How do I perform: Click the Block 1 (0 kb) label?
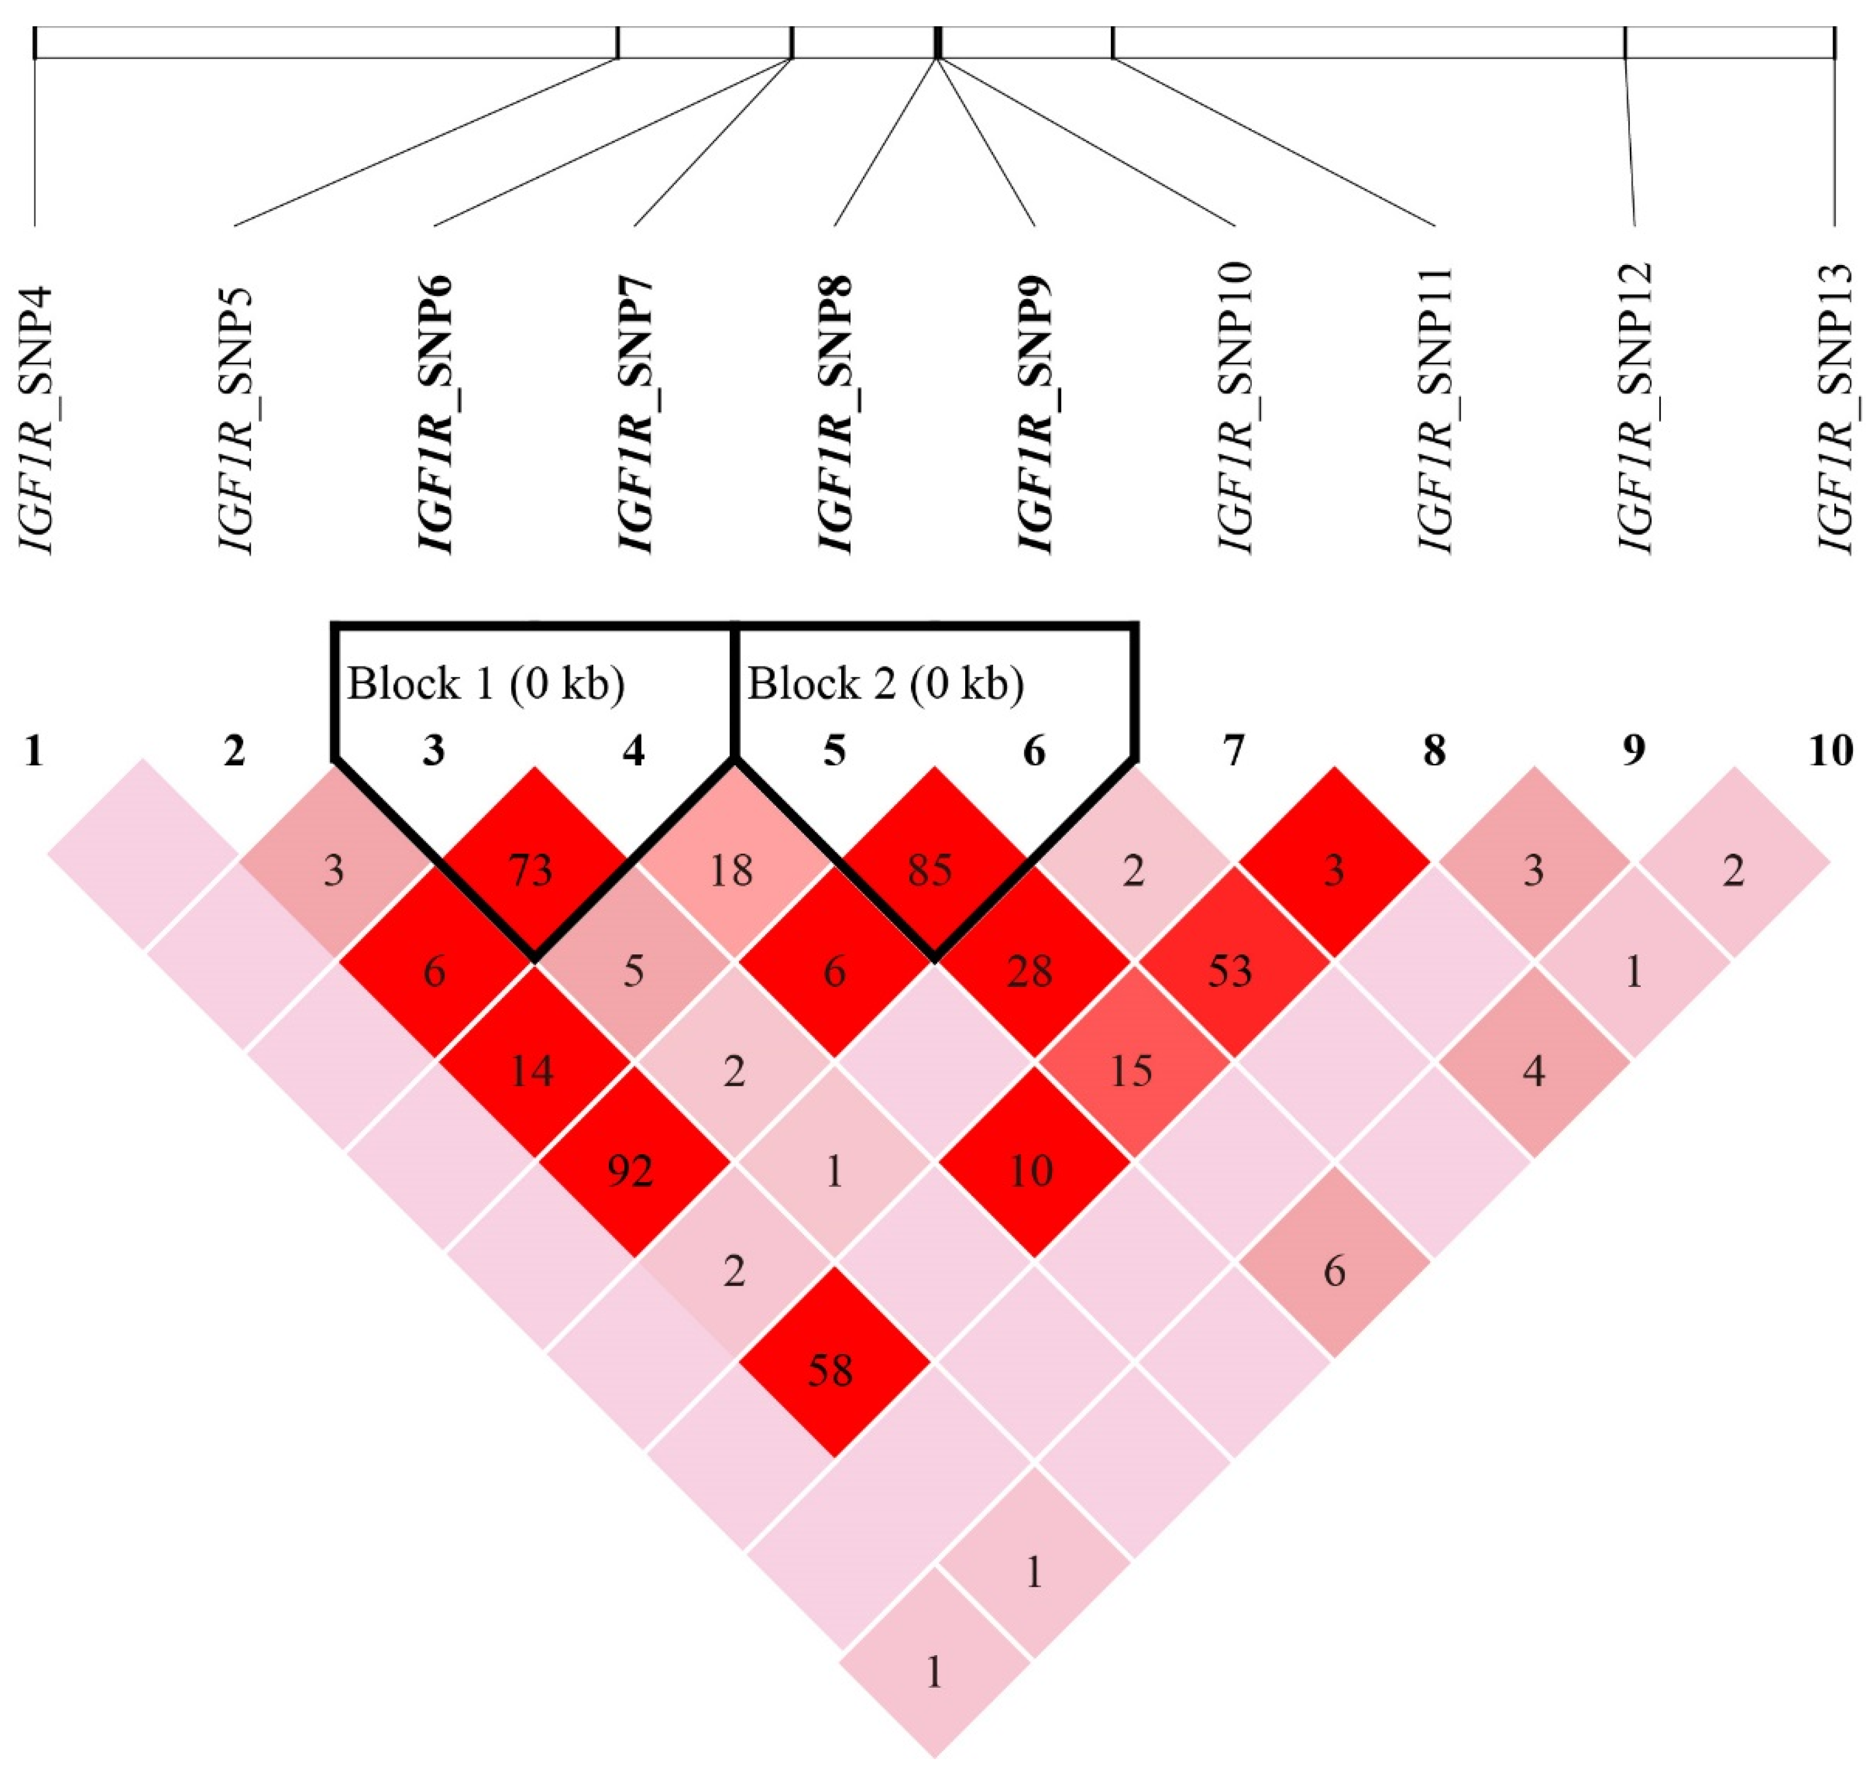pyautogui.click(x=486, y=684)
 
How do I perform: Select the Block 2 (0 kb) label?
pyautogui.click(x=886, y=684)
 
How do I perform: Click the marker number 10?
pyautogui.click(x=1831, y=751)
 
